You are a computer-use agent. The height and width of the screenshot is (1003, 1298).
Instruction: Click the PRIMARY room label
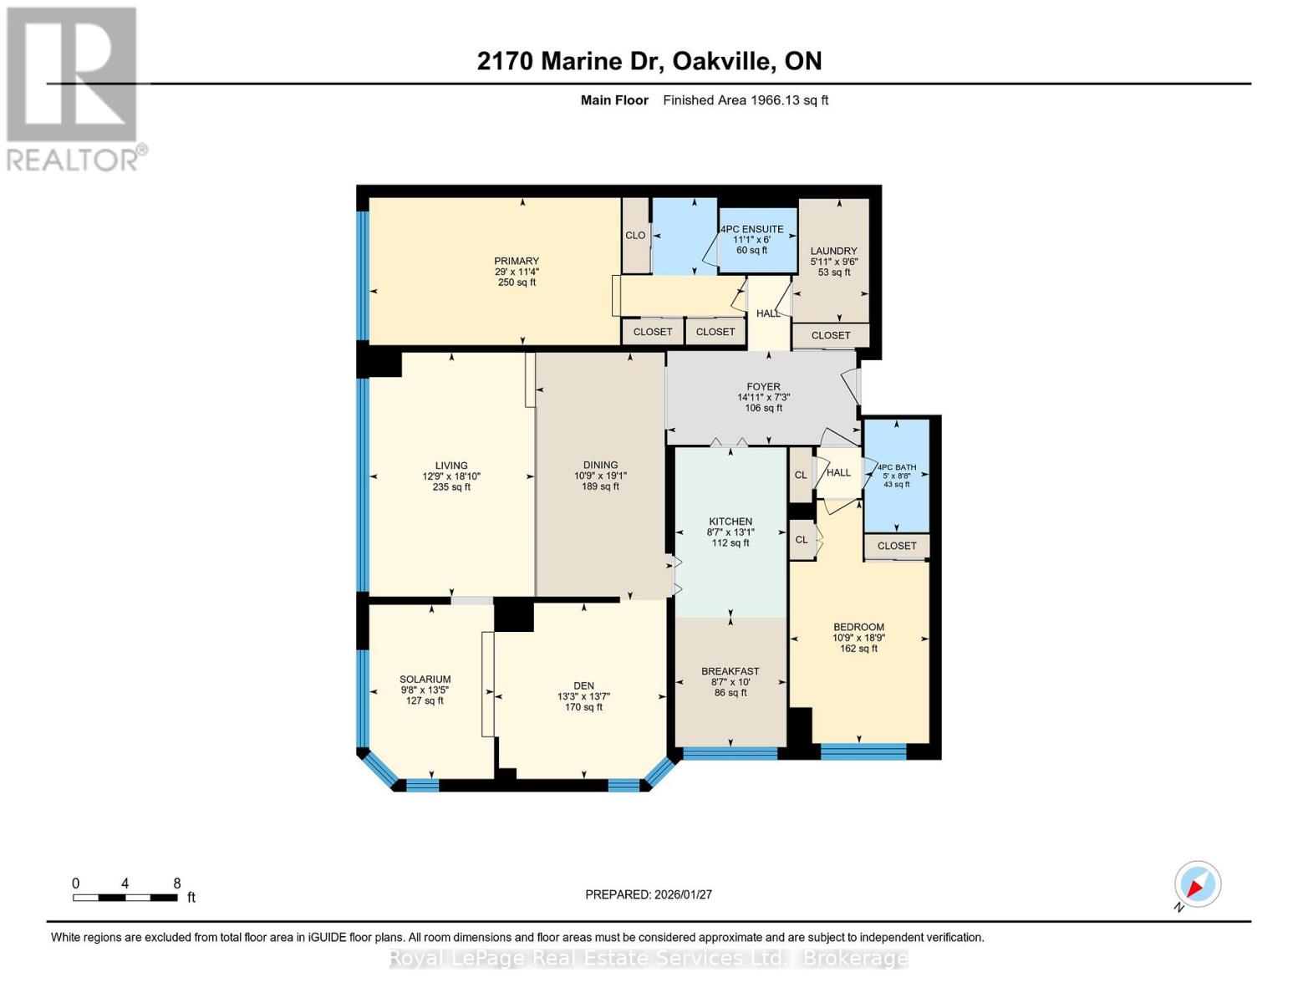click(516, 261)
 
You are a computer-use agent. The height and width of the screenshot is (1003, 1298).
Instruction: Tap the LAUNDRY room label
click(833, 251)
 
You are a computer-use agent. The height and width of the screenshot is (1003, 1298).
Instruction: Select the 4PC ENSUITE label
click(752, 229)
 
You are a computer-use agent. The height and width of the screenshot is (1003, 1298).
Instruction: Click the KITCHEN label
click(730, 522)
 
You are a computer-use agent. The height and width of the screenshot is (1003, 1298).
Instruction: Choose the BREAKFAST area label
click(730, 671)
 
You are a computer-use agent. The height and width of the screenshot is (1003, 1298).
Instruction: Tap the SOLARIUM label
click(425, 680)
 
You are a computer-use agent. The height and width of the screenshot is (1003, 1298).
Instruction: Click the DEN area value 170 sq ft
click(583, 707)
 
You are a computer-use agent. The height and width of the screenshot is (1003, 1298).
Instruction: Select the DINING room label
click(600, 466)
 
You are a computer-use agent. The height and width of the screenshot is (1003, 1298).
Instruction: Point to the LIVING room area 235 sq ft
click(451, 487)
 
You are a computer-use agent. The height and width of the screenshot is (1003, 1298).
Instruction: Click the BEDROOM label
click(858, 627)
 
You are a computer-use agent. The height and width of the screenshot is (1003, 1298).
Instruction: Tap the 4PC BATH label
click(896, 468)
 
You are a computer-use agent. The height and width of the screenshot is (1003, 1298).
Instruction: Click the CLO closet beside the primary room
click(635, 236)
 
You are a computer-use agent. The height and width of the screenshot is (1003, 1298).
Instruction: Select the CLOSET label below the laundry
click(831, 335)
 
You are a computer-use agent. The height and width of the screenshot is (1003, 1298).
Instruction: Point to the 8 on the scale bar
click(176, 883)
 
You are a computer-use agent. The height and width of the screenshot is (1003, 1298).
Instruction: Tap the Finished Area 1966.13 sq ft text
click(746, 100)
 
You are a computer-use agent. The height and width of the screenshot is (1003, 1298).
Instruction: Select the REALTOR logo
click(74, 88)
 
